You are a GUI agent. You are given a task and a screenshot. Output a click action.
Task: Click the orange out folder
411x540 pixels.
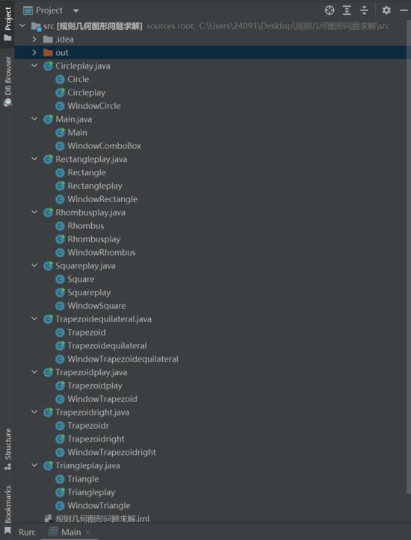(x=56, y=53)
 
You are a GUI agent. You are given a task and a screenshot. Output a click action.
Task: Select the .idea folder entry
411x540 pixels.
(x=58, y=40)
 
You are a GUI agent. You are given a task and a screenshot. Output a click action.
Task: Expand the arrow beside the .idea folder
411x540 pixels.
(x=34, y=40)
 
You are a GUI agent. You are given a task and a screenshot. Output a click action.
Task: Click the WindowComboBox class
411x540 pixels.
(x=99, y=145)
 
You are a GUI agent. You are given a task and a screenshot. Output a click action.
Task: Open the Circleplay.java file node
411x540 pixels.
(x=77, y=66)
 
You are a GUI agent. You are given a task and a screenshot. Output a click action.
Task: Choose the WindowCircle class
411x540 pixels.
(x=88, y=106)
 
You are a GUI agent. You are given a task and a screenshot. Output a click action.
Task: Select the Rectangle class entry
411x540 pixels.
(x=81, y=172)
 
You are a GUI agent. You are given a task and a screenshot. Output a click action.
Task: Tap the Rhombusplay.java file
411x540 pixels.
(x=84, y=213)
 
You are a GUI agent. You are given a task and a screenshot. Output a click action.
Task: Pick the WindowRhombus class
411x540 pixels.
(x=96, y=252)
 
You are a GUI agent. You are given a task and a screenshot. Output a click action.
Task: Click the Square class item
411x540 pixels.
(x=75, y=279)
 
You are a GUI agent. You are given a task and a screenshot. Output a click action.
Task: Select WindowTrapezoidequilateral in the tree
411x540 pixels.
(x=117, y=359)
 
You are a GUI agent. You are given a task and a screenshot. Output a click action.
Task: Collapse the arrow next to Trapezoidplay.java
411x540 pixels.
(x=34, y=372)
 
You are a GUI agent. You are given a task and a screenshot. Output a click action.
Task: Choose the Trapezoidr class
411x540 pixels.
(x=82, y=426)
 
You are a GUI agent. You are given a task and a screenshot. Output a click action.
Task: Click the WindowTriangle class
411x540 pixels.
(x=93, y=506)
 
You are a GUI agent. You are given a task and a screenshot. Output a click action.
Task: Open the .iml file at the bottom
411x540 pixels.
(x=97, y=518)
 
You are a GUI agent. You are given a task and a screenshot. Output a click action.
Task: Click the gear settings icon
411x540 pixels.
(x=386, y=10)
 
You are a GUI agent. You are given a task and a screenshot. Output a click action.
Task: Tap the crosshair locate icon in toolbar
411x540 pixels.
(x=330, y=10)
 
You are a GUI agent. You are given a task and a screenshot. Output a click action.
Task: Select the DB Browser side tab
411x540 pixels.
(x=7, y=81)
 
